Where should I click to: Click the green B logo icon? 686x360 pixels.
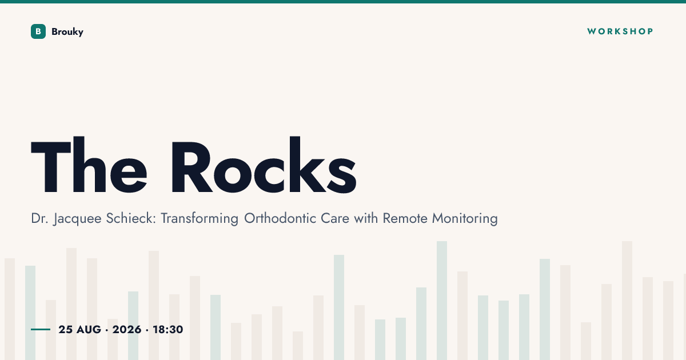[38, 31]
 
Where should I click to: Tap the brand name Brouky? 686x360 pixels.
[67, 32]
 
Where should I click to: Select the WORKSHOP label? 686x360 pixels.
[620, 31]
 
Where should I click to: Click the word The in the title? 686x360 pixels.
[89, 165]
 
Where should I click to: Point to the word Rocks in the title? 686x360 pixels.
[264, 165]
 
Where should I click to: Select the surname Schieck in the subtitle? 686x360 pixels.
[131, 218]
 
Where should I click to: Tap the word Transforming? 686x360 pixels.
[200, 219]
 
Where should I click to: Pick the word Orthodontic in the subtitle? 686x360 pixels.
[280, 218]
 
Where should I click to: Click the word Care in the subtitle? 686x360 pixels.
[335, 218]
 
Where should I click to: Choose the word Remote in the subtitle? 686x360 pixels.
[405, 218]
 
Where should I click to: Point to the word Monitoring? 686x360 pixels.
[465, 219]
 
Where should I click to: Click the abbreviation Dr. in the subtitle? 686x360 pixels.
[39, 218]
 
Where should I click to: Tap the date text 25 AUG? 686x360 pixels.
[79, 329]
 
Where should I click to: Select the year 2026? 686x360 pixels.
[127, 329]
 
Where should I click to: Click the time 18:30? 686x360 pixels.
[168, 329]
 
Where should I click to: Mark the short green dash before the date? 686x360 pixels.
[41, 329]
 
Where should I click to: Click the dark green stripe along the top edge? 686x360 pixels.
[343, 2]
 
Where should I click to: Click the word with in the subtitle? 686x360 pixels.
[366, 218]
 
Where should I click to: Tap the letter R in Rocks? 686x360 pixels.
[192, 167]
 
